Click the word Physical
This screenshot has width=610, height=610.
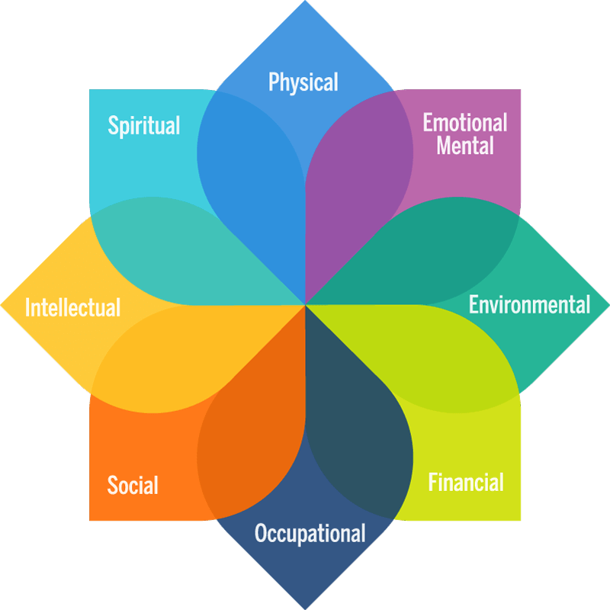(x=303, y=82)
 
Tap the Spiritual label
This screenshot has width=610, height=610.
(x=144, y=125)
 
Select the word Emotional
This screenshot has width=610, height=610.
(x=465, y=123)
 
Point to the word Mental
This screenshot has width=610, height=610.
(x=465, y=145)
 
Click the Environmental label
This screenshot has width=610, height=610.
(x=529, y=304)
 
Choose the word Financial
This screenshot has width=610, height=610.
(x=466, y=482)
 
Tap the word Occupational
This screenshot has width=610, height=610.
(x=310, y=533)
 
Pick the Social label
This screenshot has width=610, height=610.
(x=133, y=485)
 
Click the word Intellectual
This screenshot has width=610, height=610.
(x=72, y=307)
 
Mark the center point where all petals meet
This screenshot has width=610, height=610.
(x=306, y=305)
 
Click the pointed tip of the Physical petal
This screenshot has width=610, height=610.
(x=306, y=1)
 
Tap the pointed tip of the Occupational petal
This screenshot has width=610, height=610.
(x=306, y=608)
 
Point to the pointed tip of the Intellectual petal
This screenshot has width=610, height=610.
(x=1, y=306)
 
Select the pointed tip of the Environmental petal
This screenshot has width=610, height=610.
(x=608, y=306)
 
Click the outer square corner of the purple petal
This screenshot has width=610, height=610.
(x=520, y=90)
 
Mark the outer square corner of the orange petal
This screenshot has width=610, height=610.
(x=90, y=520)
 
